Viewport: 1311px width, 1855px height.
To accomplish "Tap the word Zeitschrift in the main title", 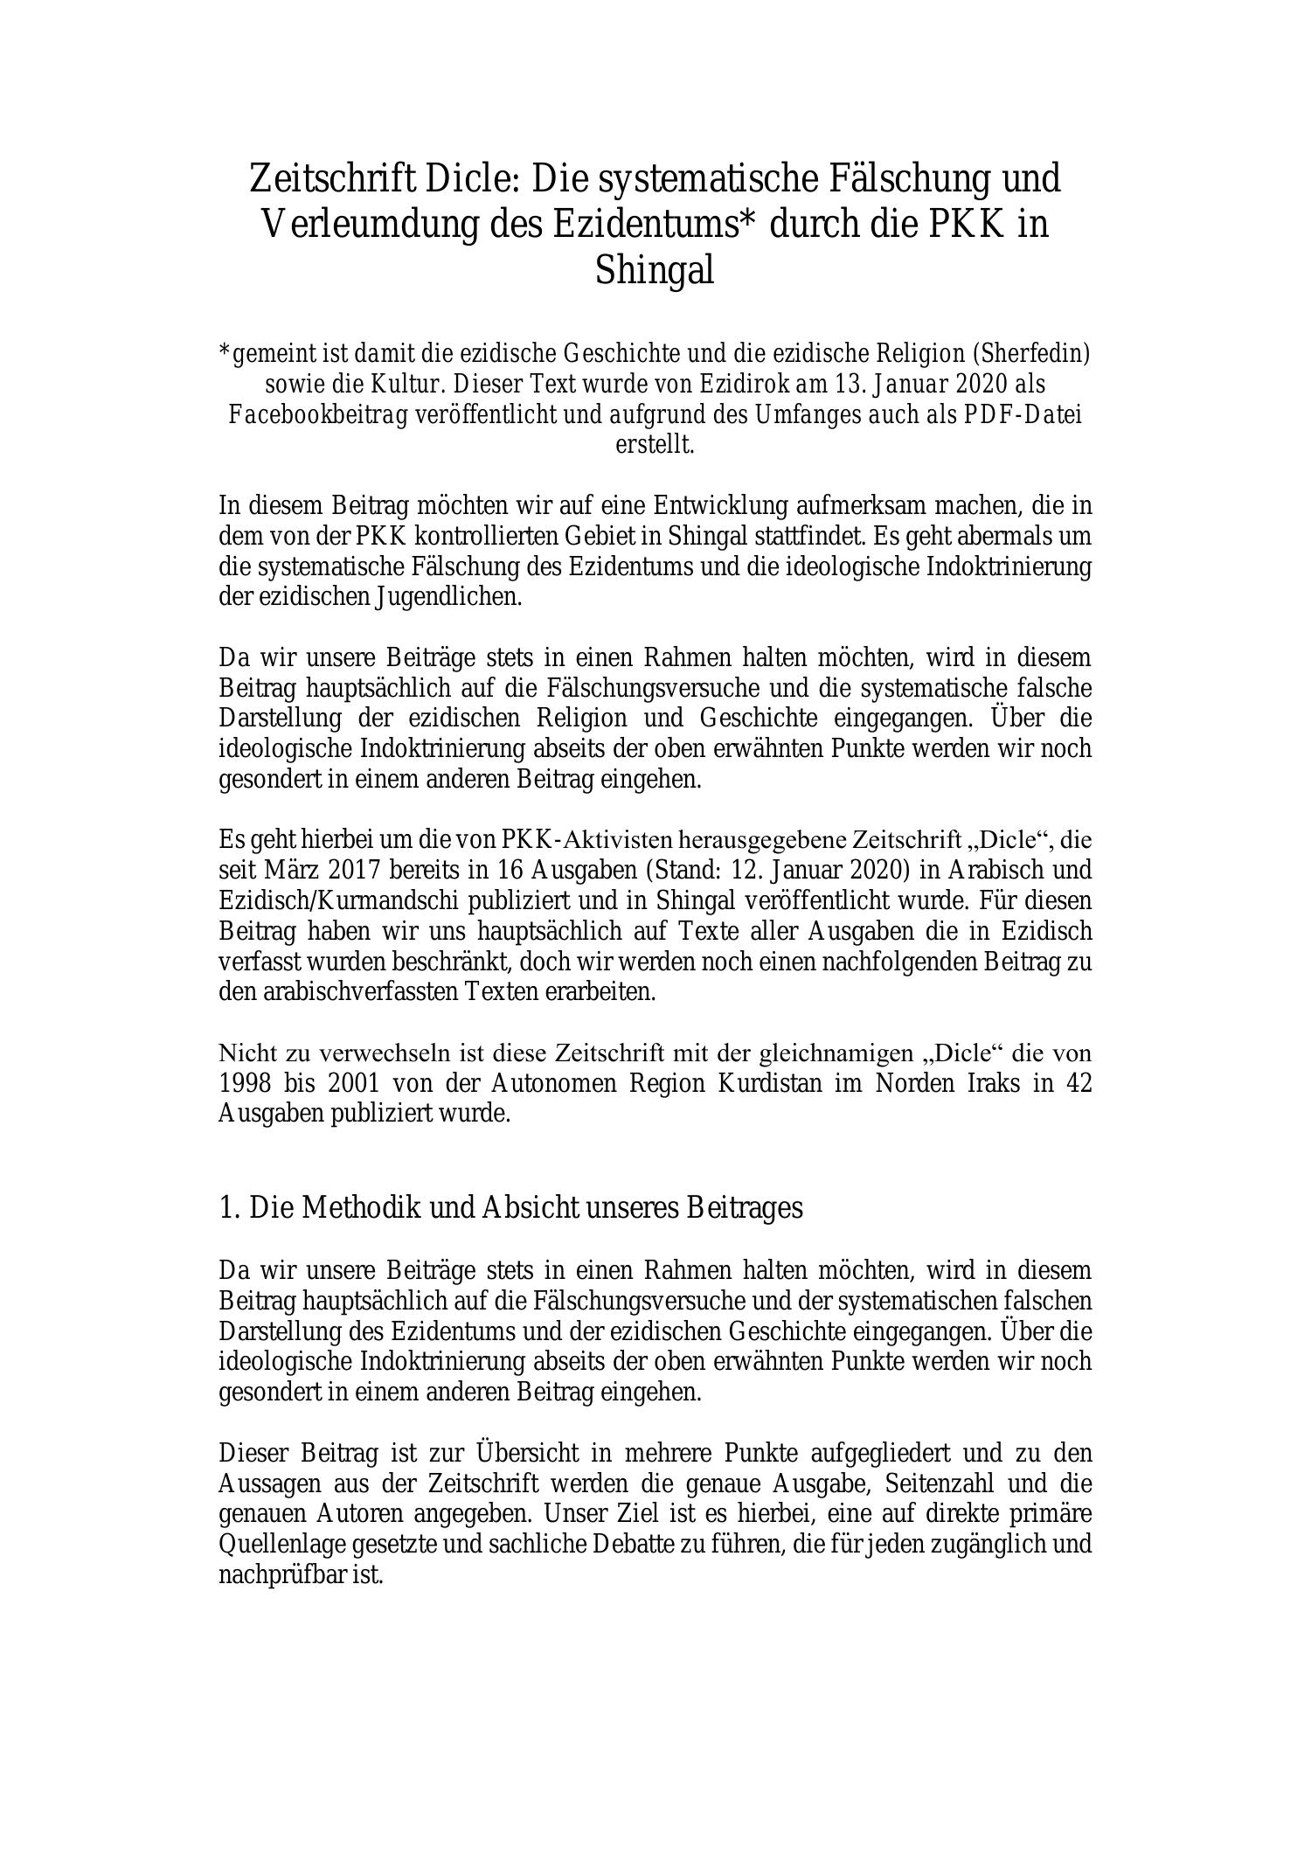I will pos(330,178).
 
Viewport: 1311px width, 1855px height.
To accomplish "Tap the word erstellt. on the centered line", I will pos(655,444).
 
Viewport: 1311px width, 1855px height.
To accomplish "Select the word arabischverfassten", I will pos(361,992).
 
